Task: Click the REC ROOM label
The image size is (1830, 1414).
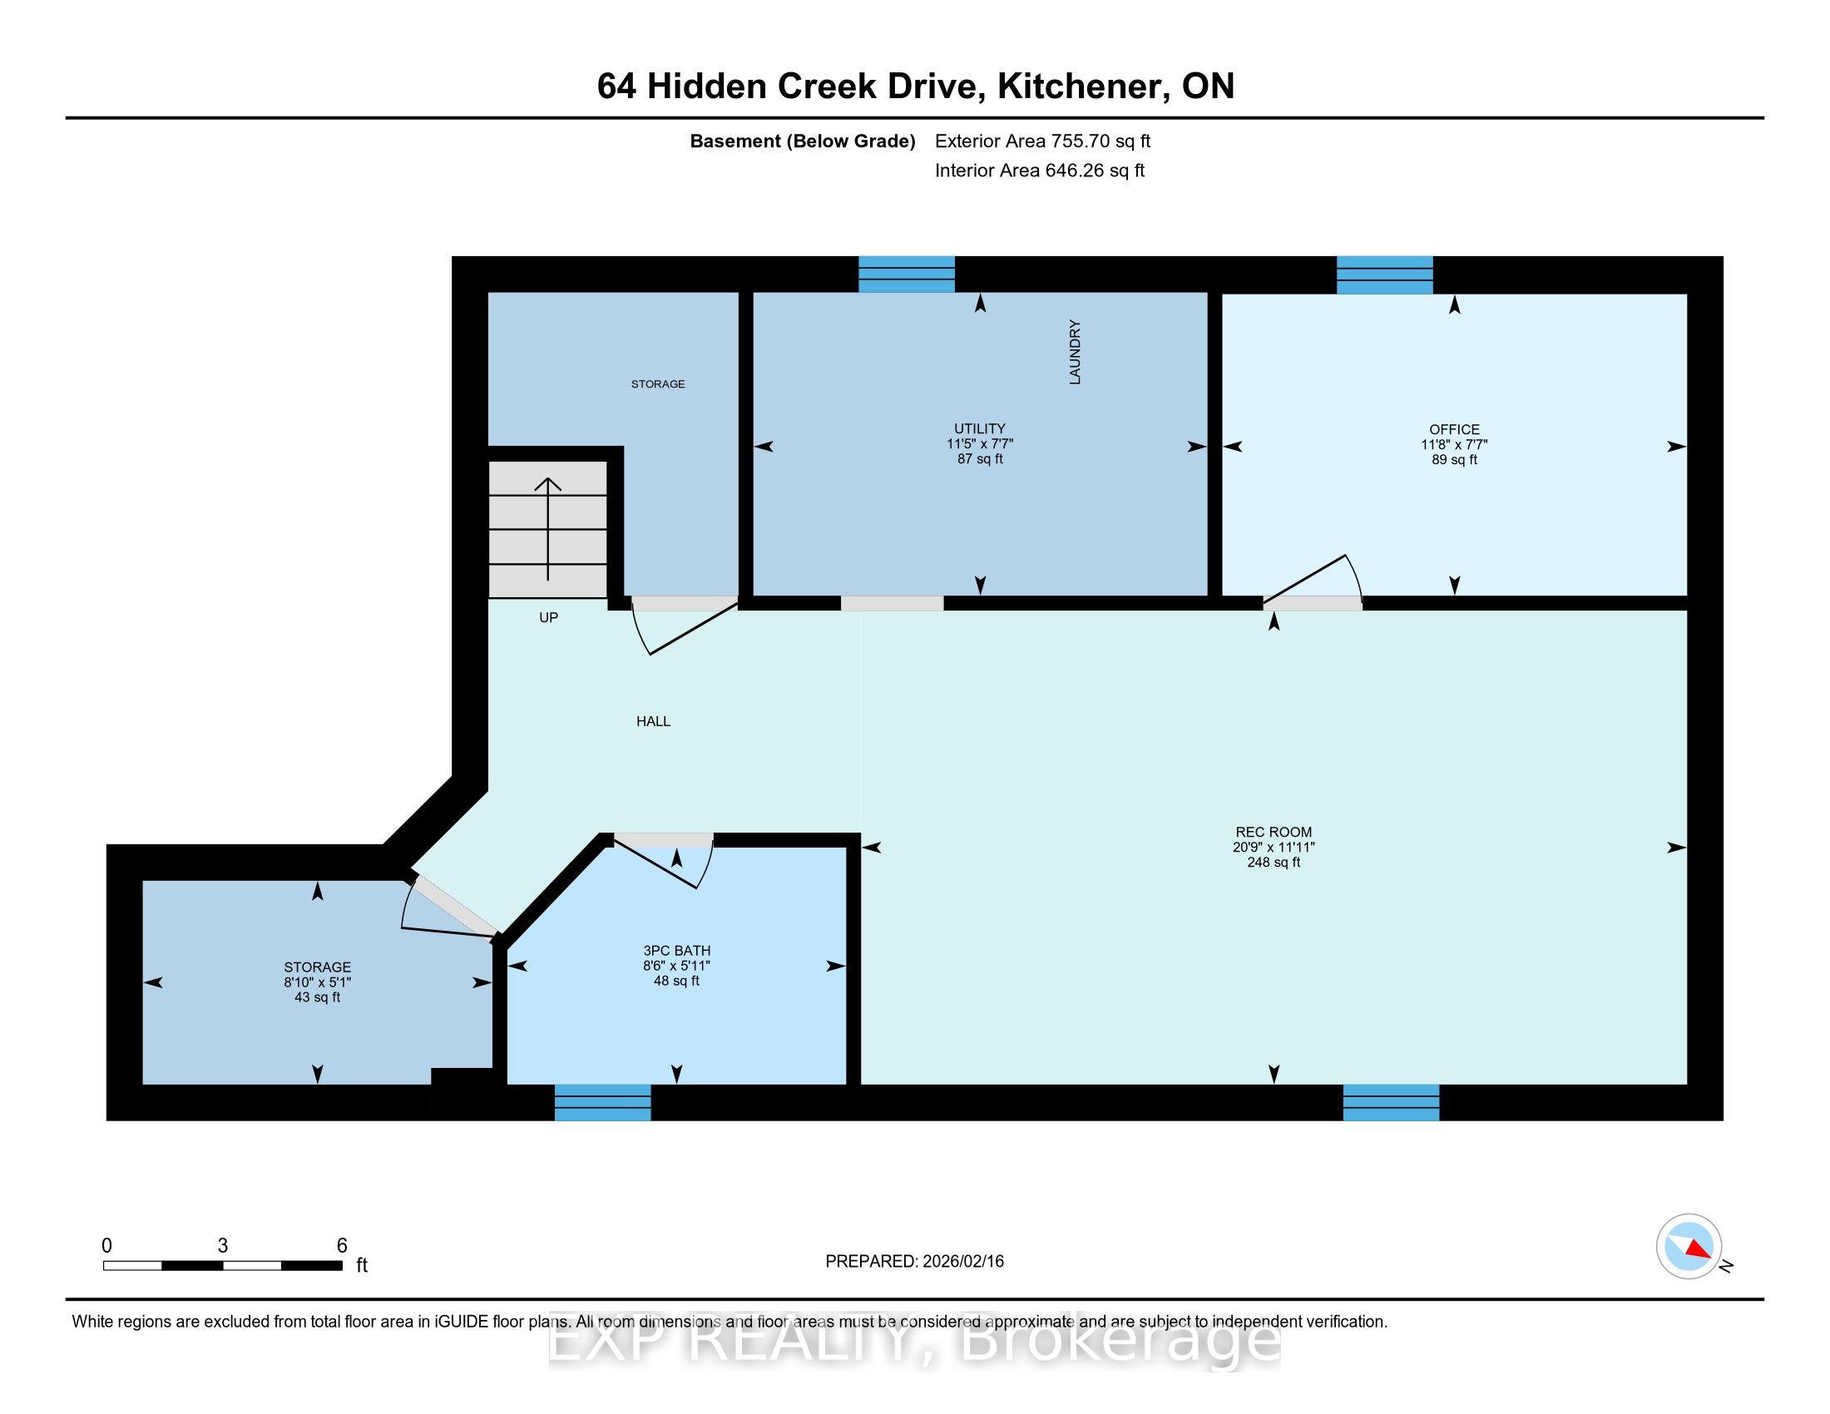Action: pyautogui.click(x=1273, y=832)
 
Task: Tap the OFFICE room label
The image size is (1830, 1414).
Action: pyautogui.click(x=1454, y=429)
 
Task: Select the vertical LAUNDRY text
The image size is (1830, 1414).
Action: pyautogui.click(x=1075, y=352)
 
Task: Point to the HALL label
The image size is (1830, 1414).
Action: pyautogui.click(x=653, y=721)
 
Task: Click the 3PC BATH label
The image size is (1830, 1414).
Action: pyautogui.click(x=676, y=951)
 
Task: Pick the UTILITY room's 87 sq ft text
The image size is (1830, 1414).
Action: pyautogui.click(x=980, y=459)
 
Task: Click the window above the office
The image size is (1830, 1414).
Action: pyautogui.click(x=1384, y=274)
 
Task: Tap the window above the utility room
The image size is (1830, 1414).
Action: pyautogui.click(x=907, y=274)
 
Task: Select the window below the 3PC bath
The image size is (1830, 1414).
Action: pyautogui.click(x=602, y=1102)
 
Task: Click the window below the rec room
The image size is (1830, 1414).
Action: pyautogui.click(x=1391, y=1102)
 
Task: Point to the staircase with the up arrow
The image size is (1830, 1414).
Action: pyautogui.click(x=548, y=529)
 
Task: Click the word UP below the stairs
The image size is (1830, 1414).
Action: pyautogui.click(x=548, y=617)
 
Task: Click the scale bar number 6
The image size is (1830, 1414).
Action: pyautogui.click(x=342, y=1246)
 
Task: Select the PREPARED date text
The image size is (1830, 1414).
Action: pyautogui.click(x=914, y=1262)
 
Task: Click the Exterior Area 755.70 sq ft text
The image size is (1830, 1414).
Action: pyautogui.click(x=1042, y=141)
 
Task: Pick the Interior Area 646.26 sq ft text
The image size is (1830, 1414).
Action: pyautogui.click(x=1040, y=171)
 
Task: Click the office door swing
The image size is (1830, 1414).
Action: pyautogui.click(x=1312, y=578)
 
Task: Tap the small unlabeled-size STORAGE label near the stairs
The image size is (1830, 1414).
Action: pyautogui.click(x=658, y=383)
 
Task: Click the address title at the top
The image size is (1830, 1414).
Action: pyautogui.click(x=915, y=87)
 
